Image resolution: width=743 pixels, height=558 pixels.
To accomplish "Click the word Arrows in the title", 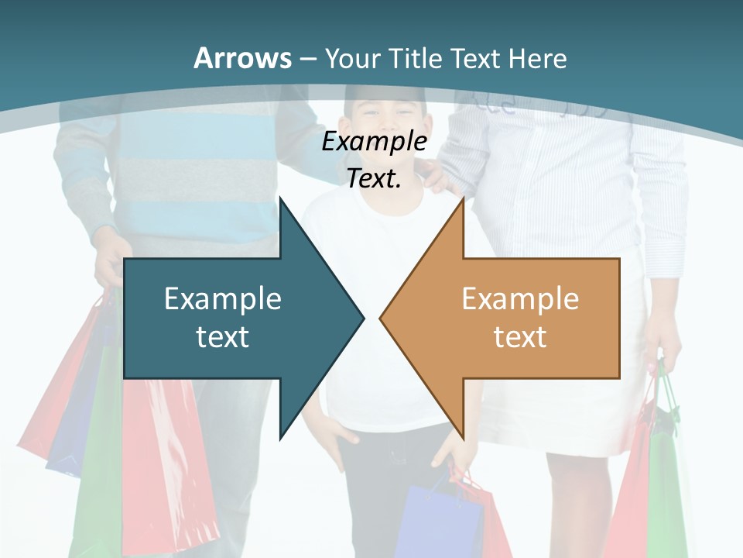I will (243, 58).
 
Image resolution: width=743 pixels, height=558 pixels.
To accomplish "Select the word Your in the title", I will (351, 58).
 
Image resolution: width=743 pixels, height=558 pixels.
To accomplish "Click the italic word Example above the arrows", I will (374, 141).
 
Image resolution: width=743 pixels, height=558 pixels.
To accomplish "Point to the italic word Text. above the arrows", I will (374, 178).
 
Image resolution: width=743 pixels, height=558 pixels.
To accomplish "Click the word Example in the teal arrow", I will (223, 298).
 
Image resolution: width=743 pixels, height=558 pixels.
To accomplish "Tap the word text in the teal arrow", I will (223, 336).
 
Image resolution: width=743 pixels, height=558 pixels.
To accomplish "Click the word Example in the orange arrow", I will (520, 298).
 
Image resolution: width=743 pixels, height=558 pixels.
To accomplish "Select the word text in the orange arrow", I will (520, 336).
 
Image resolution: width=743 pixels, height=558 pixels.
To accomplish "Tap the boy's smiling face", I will (383, 116).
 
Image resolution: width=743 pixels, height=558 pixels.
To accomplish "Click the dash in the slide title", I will (307, 59).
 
